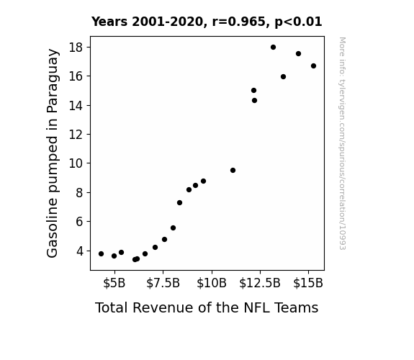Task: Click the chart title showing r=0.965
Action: coord(207,22)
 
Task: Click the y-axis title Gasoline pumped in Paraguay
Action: coord(52,153)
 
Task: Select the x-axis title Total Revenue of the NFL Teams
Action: coord(207,307)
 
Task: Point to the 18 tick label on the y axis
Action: coord(76,48)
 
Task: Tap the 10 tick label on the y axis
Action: coord(76,163)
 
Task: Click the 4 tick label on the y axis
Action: coord(79,251)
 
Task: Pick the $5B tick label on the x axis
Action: coord(114,283)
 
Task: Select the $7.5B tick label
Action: coord(163,283)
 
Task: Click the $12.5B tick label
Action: coord(260,283)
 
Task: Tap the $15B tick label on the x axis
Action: coord(308,283)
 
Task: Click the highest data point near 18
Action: coord(274,48)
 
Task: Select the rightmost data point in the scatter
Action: coord(313,66)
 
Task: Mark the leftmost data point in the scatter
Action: coord(101,254)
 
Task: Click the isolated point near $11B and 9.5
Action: coord(233,171)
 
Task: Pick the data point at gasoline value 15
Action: coord(253,90)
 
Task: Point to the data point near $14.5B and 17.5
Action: coord(298,53)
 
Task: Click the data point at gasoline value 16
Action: coord(283,77)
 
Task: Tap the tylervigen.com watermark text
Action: coord(343,143)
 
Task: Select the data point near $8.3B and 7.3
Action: coord(179,203)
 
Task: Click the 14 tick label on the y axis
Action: coord(76,106)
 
